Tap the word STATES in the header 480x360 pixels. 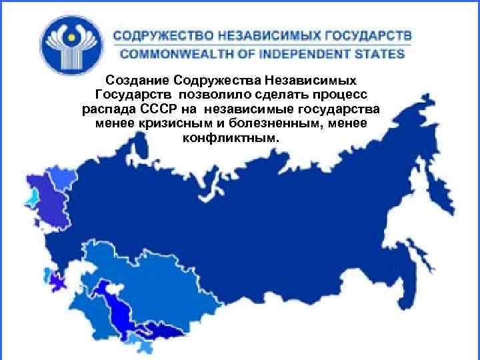pyautogui.click(x=382, y=53)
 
